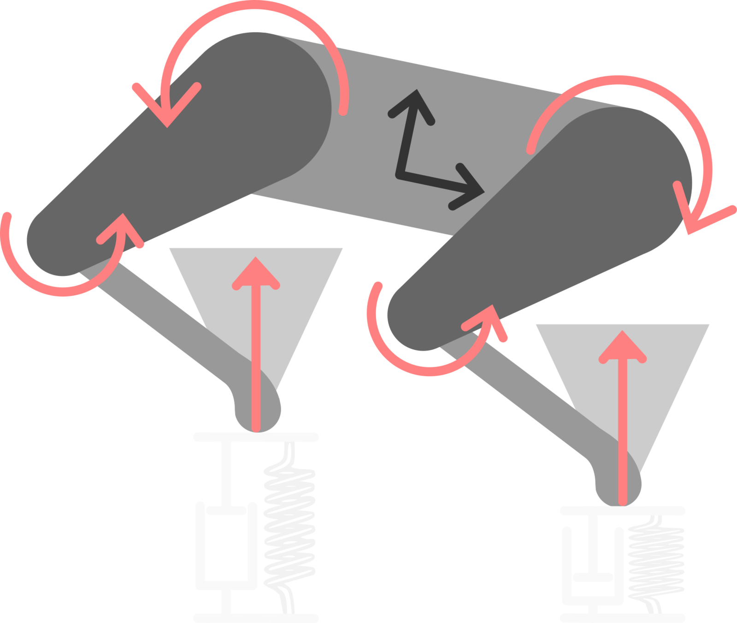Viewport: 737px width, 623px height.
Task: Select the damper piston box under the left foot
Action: [226, 547]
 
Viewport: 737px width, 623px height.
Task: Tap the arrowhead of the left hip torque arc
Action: [167, 108]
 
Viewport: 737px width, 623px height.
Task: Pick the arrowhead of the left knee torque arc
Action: [122, 228]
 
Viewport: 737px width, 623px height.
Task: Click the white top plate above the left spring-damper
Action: [256, 437]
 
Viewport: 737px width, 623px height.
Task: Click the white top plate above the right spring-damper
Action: [622, 510]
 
